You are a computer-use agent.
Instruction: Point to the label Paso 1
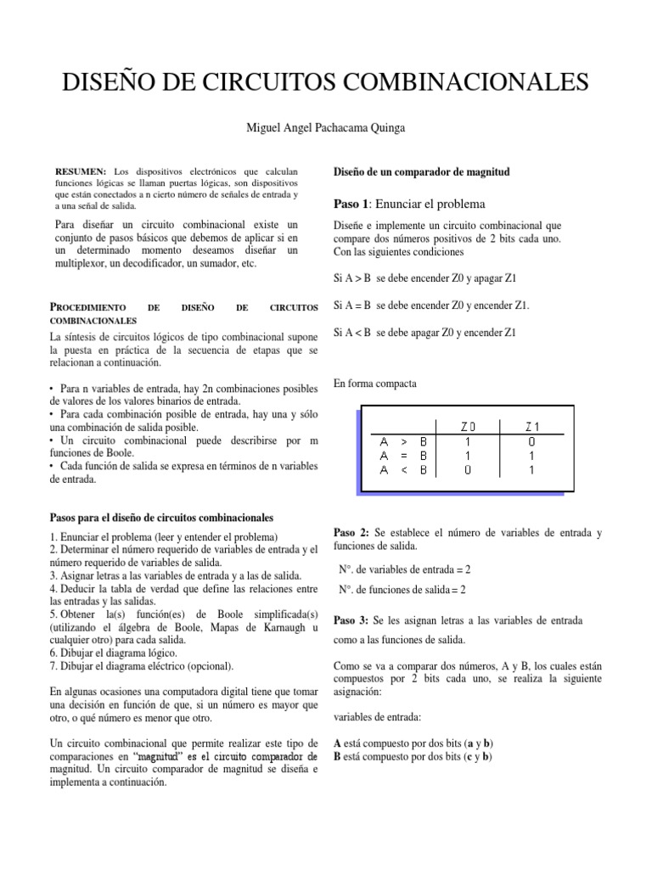351,204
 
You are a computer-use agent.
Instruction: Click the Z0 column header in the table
469,426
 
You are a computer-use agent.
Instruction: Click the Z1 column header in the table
532,426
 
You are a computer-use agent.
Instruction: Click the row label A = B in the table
403,457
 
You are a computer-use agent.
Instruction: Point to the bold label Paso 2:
351,532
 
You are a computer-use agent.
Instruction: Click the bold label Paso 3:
351,620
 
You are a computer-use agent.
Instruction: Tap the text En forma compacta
374,384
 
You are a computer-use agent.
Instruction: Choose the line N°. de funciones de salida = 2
403,589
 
